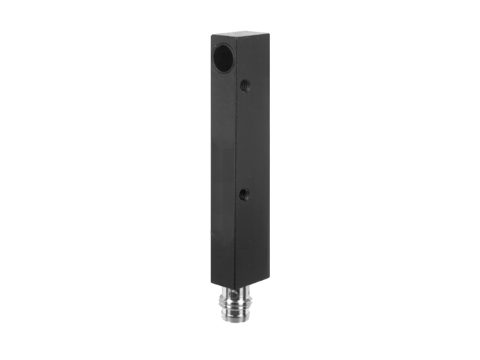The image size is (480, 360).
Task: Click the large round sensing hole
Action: tap(224, 58)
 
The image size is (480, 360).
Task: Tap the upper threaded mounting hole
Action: tap(244, 85)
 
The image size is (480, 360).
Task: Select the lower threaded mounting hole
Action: tap(244, 195)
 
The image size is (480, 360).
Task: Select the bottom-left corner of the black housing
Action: tap(213, 278)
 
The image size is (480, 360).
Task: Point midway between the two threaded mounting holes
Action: tap(244, 140)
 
